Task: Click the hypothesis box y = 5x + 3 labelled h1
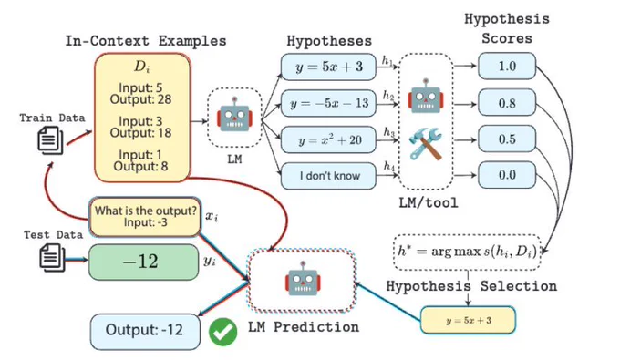point(328,67)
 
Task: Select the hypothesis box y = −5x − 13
point(328,103)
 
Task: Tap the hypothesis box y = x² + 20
point(328,139)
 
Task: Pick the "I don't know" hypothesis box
point(328,176)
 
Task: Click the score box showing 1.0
point(507,66)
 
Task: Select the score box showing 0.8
point(507,103)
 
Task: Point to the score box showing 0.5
point(507,139)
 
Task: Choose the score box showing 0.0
point(507,175)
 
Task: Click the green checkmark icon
point(223,332)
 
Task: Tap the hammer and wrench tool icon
point(425,143)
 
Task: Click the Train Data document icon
point(51,140)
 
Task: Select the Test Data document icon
point(52,257)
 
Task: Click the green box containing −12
point(143,262)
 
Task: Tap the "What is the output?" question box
point(145,217)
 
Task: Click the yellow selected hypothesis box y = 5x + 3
point(468,320)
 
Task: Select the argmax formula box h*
point(467,252)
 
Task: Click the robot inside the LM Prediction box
point(303,279)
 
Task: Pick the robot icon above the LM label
point(234,114)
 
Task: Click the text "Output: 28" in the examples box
point(140,99)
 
